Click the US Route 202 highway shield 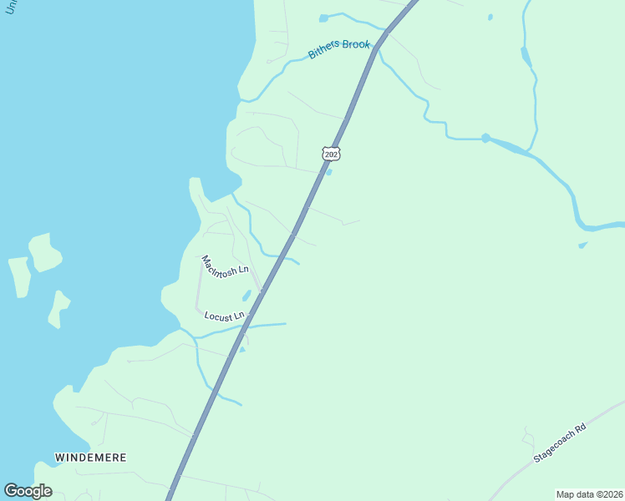pos(331,154)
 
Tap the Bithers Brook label pos(338,49)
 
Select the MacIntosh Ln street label pos(225,266)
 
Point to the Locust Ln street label pos(224,316)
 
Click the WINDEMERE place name pos(90,458)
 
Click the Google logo pos(28,490)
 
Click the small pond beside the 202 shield pos(328,173)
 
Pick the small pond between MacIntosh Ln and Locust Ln pos(246,296)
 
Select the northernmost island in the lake pos(44,251)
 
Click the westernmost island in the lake pos(19,276)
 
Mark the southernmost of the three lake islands pos(58,308)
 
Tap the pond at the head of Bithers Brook pos(323,18)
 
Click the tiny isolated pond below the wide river pos(582,245)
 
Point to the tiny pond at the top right pos(490,17)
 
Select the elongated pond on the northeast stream pos(526,57)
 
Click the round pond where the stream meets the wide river pos(485,138)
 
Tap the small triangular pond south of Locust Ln pos(241,349)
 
